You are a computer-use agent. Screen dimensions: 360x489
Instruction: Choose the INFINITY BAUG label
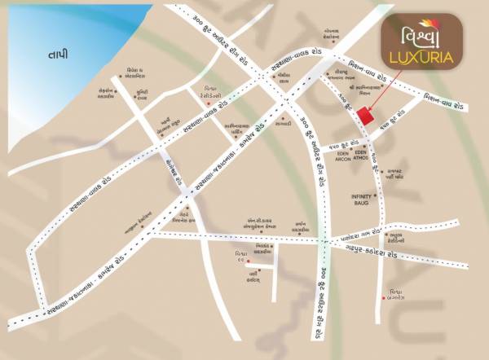(361, 199)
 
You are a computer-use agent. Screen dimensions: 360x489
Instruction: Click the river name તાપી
(58, 55)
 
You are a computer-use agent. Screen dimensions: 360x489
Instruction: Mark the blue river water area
(49, 41)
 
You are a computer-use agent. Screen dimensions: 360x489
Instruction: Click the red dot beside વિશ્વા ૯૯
(249, 262)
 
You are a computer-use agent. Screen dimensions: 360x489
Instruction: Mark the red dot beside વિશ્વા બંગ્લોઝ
(383, 298)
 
